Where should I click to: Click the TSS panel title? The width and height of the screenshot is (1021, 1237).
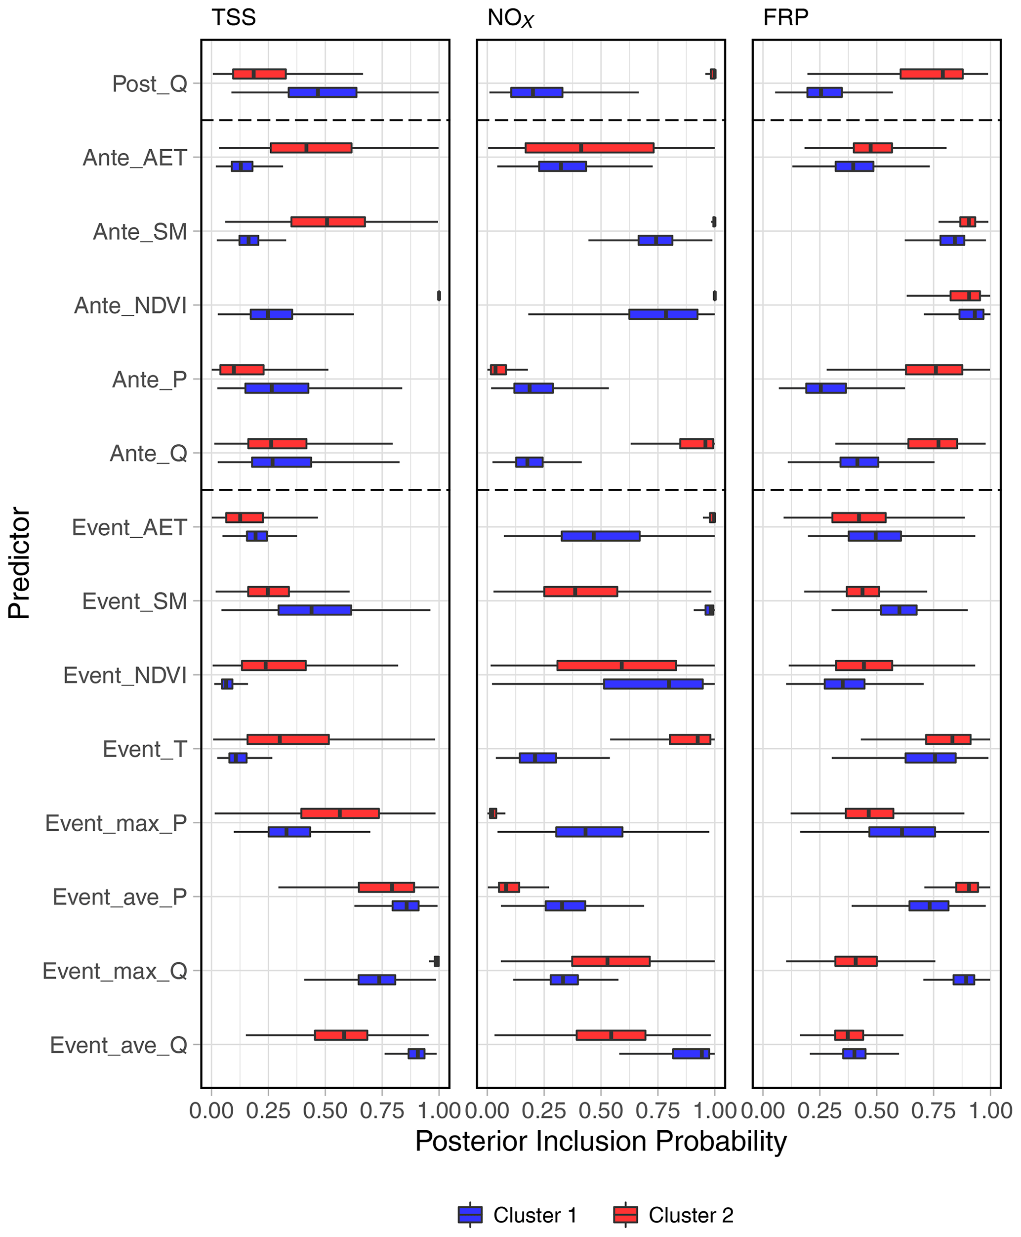click(x=234, y=18)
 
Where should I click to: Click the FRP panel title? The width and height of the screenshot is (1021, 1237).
click(x=786, y=18)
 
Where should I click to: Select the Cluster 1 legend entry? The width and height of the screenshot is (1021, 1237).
click(x=518, y=1215)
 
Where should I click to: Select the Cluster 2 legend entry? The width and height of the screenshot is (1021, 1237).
click(x=673, y=1215)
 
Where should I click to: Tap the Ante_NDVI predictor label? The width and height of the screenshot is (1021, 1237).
click(x=130, y=306)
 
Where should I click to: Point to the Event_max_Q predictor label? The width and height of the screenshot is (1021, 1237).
click(x=115, y=971)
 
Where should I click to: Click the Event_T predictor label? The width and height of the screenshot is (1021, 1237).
click(x=145, y=749)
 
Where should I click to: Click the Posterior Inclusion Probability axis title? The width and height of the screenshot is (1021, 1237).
click(x=601, y=1142)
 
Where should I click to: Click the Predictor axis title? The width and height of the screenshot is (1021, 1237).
click(x=19, y=563)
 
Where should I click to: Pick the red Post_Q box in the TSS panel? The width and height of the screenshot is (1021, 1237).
click(x=259, y=74)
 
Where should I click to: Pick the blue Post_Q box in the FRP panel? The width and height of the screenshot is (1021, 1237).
click(x=824, y=92)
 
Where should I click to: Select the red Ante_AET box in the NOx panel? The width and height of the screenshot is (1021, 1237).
click(x=589, y=148)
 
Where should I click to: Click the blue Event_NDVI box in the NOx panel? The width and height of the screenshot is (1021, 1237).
click(x=653, y=684)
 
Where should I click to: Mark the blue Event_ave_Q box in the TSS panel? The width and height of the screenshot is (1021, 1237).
click(x=416, y=1053)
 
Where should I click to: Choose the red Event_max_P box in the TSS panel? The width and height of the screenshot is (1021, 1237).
click(x=340, y=813)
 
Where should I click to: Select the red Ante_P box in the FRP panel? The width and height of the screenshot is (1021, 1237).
click(x=934, y=370)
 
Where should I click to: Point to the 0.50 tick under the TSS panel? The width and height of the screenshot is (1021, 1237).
click(x=325, y=1110)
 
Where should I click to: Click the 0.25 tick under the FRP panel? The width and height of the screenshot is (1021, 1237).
click(x=820, y=1110)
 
